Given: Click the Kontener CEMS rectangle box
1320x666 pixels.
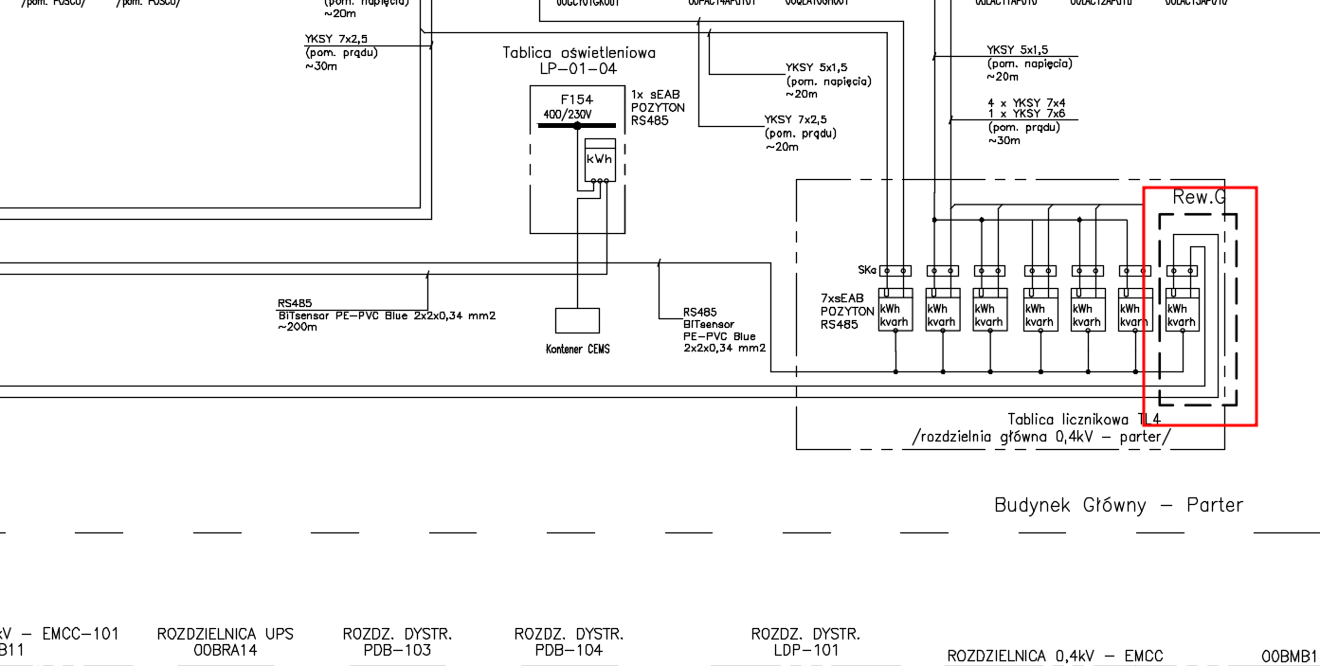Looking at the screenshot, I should pyautogui.click(x=577, y=320).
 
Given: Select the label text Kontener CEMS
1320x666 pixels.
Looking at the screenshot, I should pyautogui.click(x=578, y=350).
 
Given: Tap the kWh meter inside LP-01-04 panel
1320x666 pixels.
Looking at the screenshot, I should pyautogui.click(x=600, y=160).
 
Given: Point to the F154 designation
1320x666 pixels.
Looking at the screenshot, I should pyautogui.click(x=576, y=99).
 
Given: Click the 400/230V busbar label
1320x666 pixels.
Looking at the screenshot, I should pyautogui.click(x=567, y=115).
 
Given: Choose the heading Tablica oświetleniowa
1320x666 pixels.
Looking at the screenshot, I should pyautogui.click(x=578, y=53).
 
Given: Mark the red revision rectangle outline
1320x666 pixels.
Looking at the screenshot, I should pyautogui.click(x=1256, y=303).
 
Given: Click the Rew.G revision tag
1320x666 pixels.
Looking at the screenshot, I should pyautogui.click(x=1199, y=198).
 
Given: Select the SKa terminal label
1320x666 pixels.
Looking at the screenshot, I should pyautogui.click(x=866, y=271).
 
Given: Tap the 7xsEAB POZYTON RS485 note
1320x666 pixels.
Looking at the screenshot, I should pyautogui.click(x=847, y=312).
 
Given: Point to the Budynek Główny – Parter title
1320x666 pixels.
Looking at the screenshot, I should pyautogui.click(x=1118, y=505).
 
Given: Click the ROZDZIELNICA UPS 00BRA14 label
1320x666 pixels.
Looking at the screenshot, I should pyautogui.click(x=226, y=642).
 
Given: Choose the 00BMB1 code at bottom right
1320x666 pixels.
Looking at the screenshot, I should pyautogui.click(x=1289, y=657).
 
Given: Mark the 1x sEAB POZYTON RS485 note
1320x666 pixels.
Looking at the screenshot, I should pyautogui.click(x=658, y=108).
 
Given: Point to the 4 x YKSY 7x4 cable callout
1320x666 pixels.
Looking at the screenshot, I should pyautogui.click(x=1026, y=102).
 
